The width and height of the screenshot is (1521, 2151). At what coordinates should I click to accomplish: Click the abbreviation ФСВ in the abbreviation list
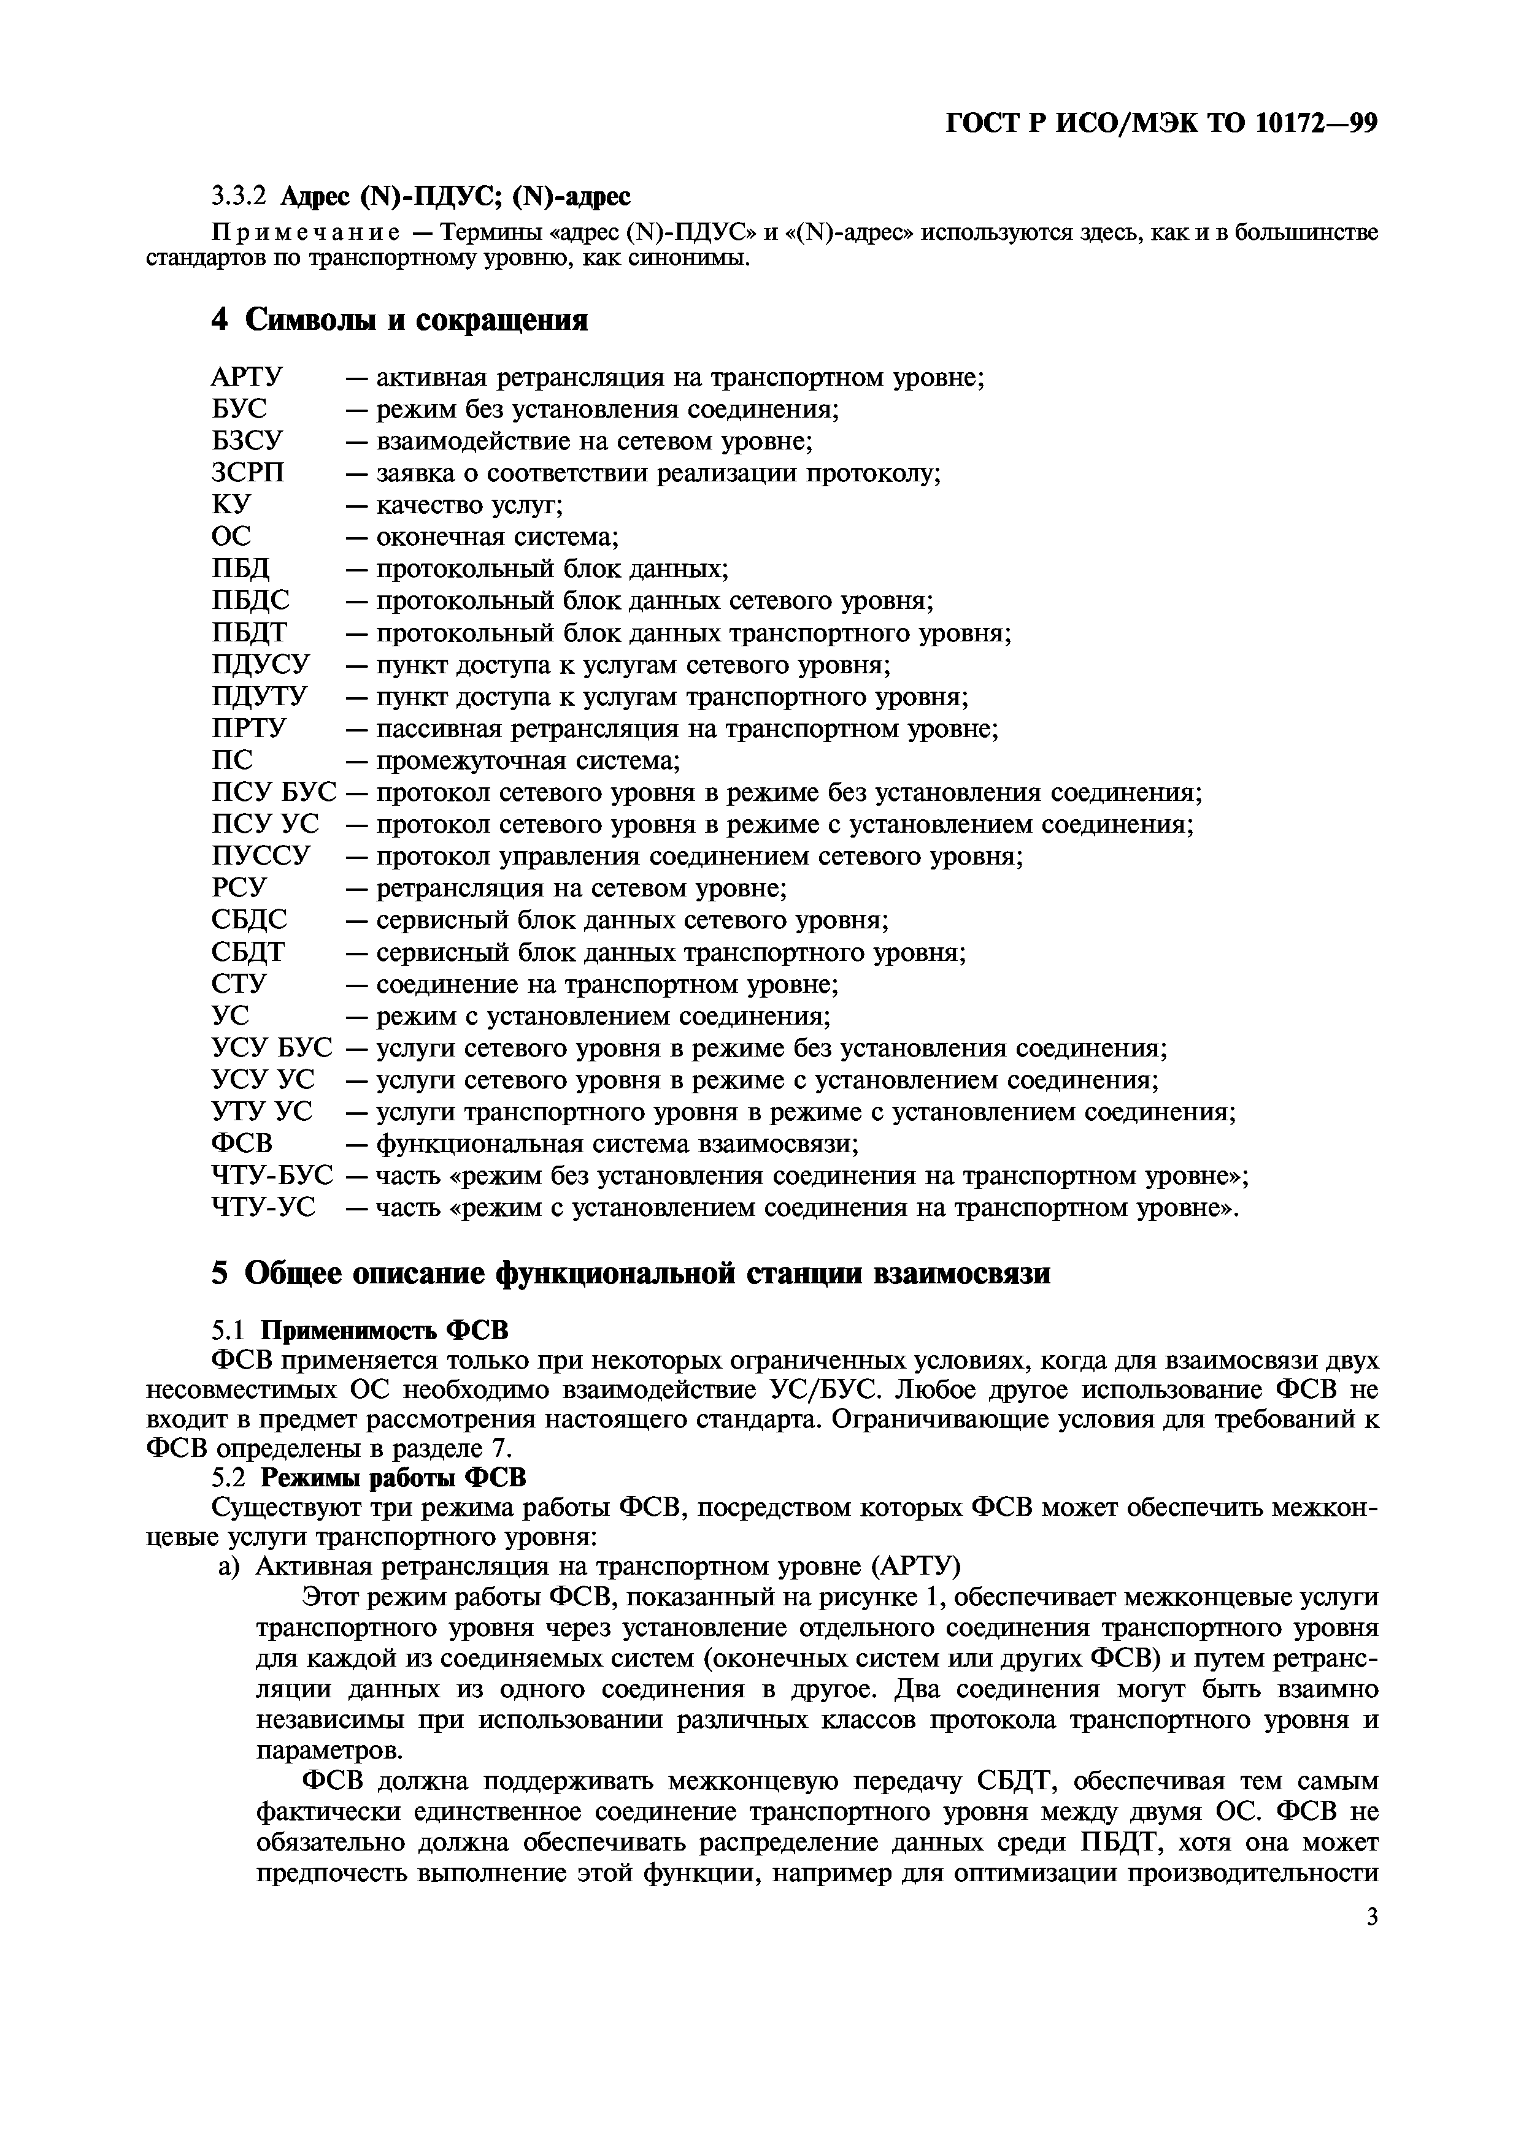tap(242, 1144)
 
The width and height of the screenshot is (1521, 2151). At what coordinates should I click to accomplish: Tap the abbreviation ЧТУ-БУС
tap(272, 1175)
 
